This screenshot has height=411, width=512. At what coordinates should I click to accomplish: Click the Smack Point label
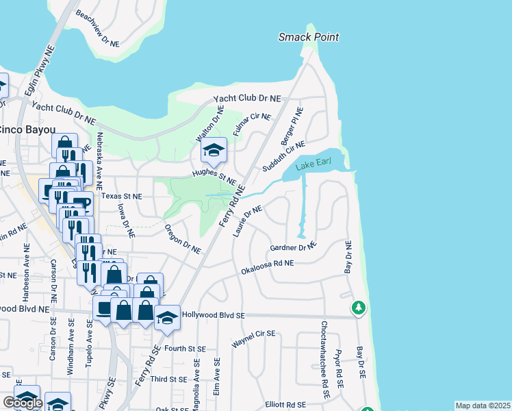(309, 37)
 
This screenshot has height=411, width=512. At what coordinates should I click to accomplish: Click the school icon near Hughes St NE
(214, 151)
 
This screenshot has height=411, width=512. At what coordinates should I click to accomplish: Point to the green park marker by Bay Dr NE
(358, 308)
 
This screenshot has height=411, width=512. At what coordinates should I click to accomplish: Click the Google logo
(23, 403)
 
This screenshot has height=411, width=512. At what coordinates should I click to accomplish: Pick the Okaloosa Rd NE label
(267, 267)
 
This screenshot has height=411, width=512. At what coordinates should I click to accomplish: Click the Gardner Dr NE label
(294, 247)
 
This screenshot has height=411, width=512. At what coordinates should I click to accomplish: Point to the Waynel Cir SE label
(253, 339)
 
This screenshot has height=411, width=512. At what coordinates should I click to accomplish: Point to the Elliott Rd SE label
(285, 404)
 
